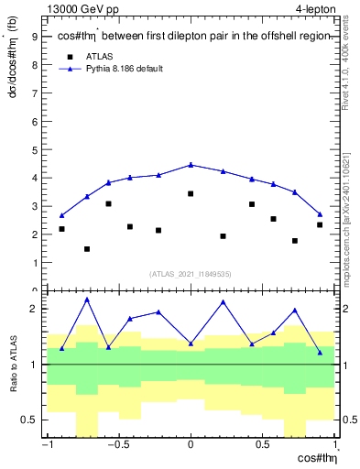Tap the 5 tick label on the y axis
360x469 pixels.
click(x=34, y=149)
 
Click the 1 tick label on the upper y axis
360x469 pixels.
click(x=34, y=263)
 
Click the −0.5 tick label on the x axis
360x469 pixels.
click(x=117, y=446)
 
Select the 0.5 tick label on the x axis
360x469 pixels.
click(x=264, y=446)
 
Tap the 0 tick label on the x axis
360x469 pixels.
click(x=191, y=446)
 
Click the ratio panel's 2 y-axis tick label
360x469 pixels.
click(x=34, y=309)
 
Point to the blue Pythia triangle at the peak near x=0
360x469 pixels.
click(x=191, y=165)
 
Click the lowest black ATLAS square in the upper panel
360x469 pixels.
click(x=87, y=249)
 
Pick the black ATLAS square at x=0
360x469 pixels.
click(x=191, y=193)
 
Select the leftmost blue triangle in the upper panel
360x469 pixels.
click(x=61, y=216)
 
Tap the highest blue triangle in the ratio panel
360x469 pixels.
click(x=87, y=300)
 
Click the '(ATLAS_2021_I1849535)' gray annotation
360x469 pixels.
click(x=190, y=273)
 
